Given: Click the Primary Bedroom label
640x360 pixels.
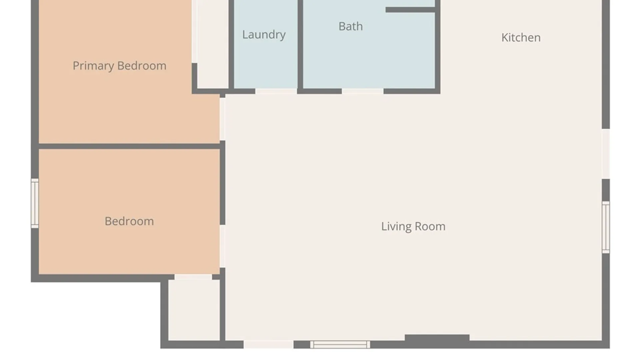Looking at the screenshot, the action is [x=119, y=66].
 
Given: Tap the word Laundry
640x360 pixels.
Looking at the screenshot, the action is [x=264, y=35].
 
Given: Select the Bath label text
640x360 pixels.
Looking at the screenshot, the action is [x=351, y=26].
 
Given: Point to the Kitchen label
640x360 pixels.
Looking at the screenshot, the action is [x=521, y=38].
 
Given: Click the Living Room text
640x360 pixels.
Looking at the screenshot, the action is [x=413, y=227].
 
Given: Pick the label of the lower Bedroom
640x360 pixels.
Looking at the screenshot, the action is [x=129, y=221].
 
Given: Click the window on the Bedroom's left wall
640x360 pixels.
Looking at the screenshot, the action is [x=35, y=203].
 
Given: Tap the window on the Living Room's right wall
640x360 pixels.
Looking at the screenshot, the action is [x=606, y=227].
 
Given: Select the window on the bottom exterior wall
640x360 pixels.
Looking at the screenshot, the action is [x=340, y=345].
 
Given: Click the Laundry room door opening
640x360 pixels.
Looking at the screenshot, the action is [x=276, y=91].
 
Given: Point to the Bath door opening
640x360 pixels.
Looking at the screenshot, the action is [x=363, y=91].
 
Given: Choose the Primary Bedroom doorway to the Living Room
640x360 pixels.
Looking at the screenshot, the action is [x=222, y=119].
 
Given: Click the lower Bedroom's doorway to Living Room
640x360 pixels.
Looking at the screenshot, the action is [x=222, y=246].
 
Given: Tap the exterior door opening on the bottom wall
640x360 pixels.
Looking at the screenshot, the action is [x=269, y=345].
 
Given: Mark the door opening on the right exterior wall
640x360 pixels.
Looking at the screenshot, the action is [x=606, y=154].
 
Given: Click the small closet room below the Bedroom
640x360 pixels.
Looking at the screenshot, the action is [x=194, y=310].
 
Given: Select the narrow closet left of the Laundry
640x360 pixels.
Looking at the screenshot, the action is [x=213, y=44].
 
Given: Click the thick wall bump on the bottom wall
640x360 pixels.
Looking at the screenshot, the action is [x=437, y=338].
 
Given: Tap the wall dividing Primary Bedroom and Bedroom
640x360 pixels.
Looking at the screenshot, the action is [x=129, y=146].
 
